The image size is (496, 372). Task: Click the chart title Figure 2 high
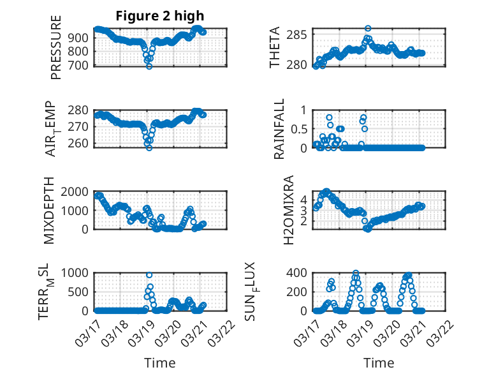160,16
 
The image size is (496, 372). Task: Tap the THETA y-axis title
275,48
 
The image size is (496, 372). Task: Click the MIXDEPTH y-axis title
49,211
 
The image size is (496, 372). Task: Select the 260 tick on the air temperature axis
80,144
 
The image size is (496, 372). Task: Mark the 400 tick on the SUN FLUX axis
300,273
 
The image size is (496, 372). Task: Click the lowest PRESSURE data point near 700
149,66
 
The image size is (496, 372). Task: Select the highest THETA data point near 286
368,29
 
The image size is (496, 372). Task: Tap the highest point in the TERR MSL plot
149,275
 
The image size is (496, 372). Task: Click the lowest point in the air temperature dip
149,147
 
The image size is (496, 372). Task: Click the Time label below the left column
160,363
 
